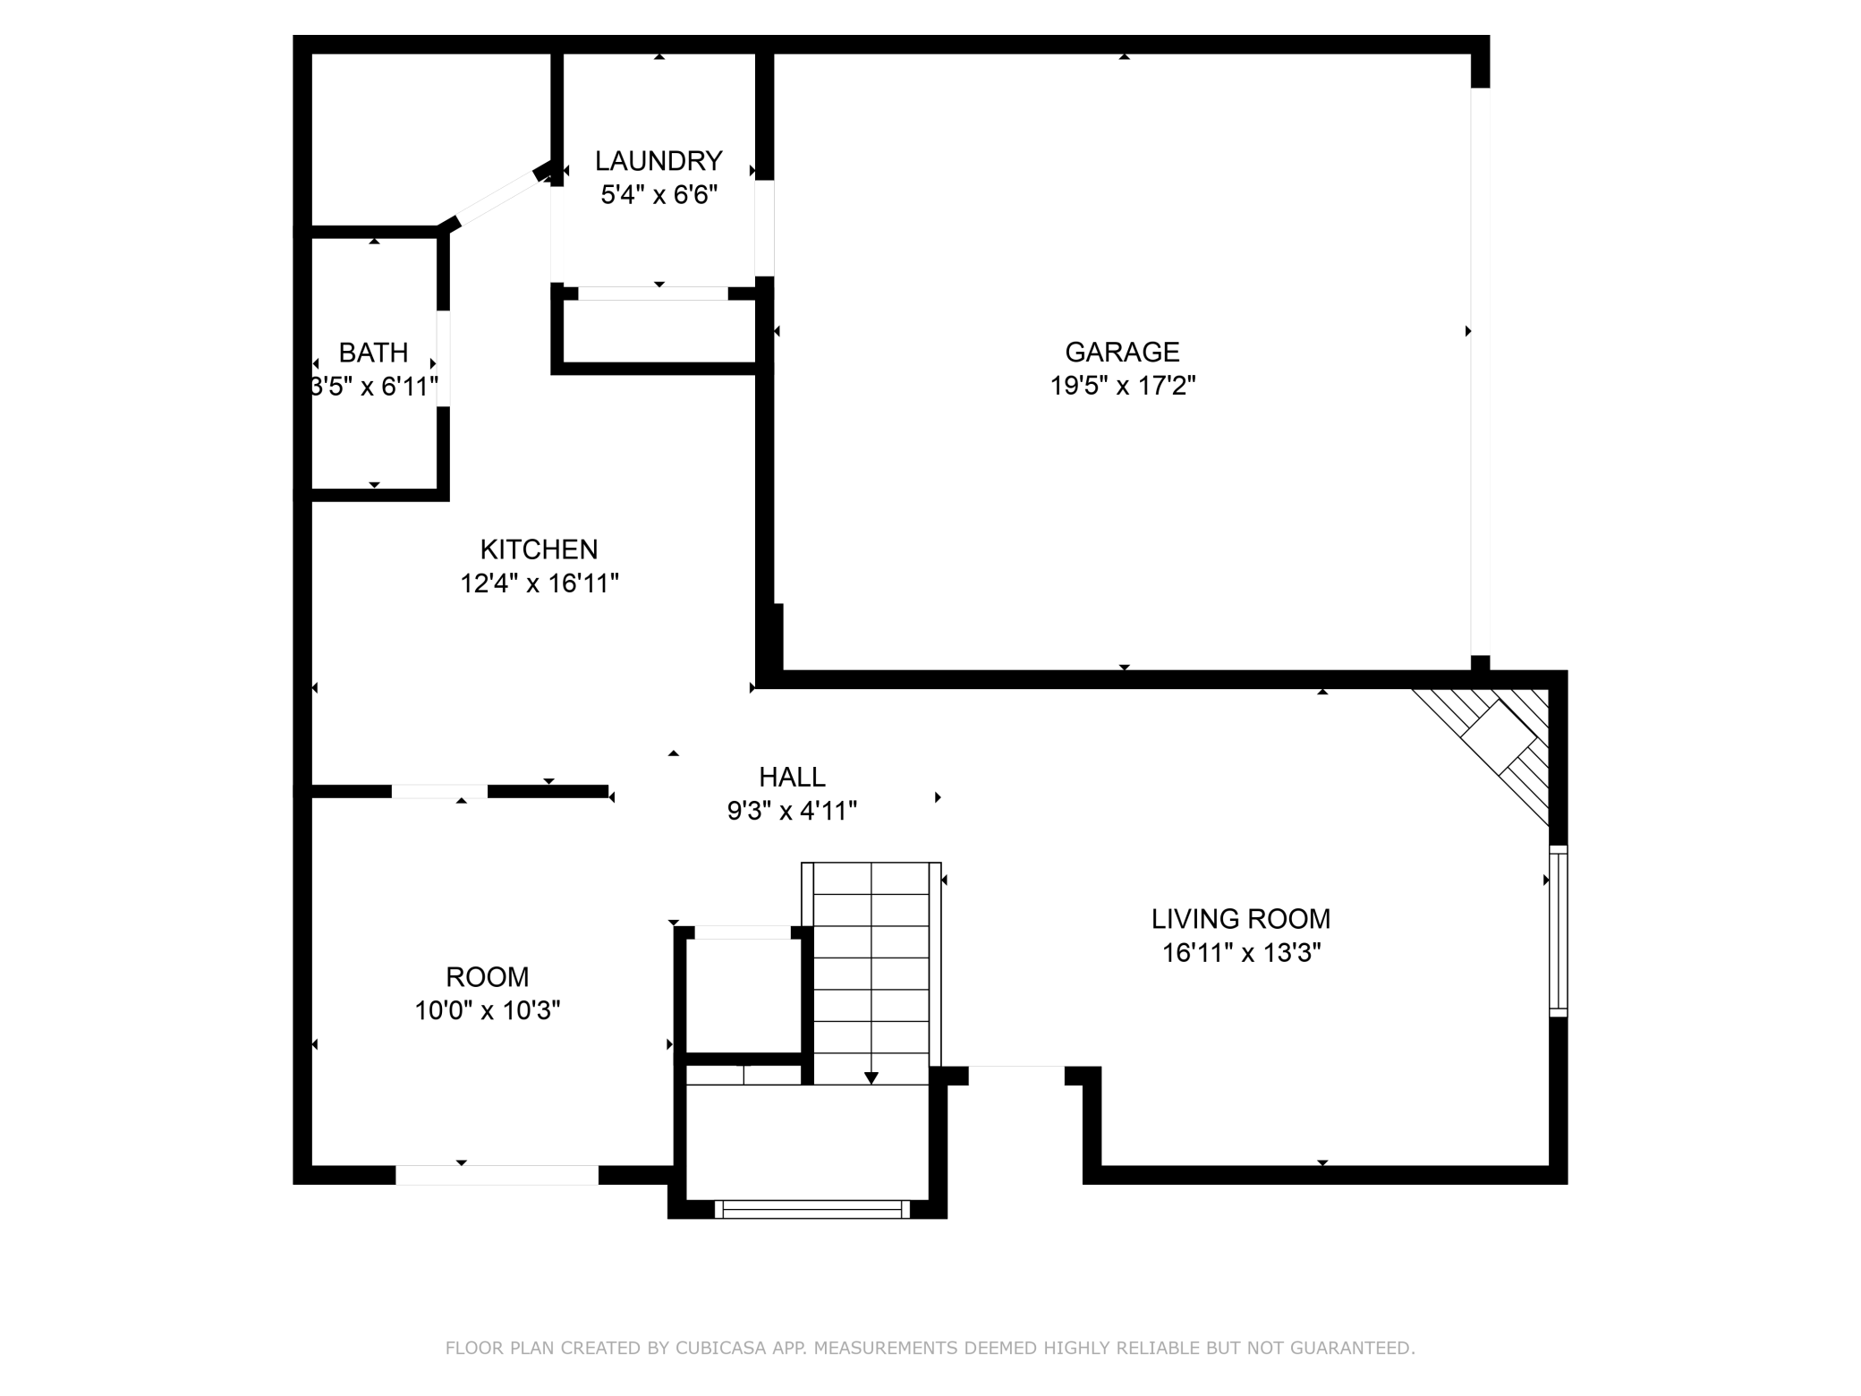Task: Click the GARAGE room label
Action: [x=1122, y=352]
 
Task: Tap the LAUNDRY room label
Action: [x=659, y=161]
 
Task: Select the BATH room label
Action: [x=373, y=353]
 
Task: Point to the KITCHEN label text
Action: [x=539, y=549]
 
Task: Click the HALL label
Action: [x=792, y=777]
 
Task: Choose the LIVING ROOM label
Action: [x=1241, y=919]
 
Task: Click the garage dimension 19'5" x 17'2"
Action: [x=1123, y=386]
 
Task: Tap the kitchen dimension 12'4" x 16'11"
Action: [x=540, y=583]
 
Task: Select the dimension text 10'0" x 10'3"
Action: [x=488, y=1010]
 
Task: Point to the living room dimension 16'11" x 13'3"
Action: [x=1242, y=953]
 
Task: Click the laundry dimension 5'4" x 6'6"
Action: [x=659, y=195]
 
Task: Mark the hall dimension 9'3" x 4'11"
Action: [x=792, y=811]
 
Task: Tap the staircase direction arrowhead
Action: [x=871, y=1077]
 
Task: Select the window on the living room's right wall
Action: [x=1559, y=931]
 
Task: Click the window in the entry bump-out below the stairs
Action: [x=812, y=1210]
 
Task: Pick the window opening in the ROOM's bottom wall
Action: [x=497, y=1175]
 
